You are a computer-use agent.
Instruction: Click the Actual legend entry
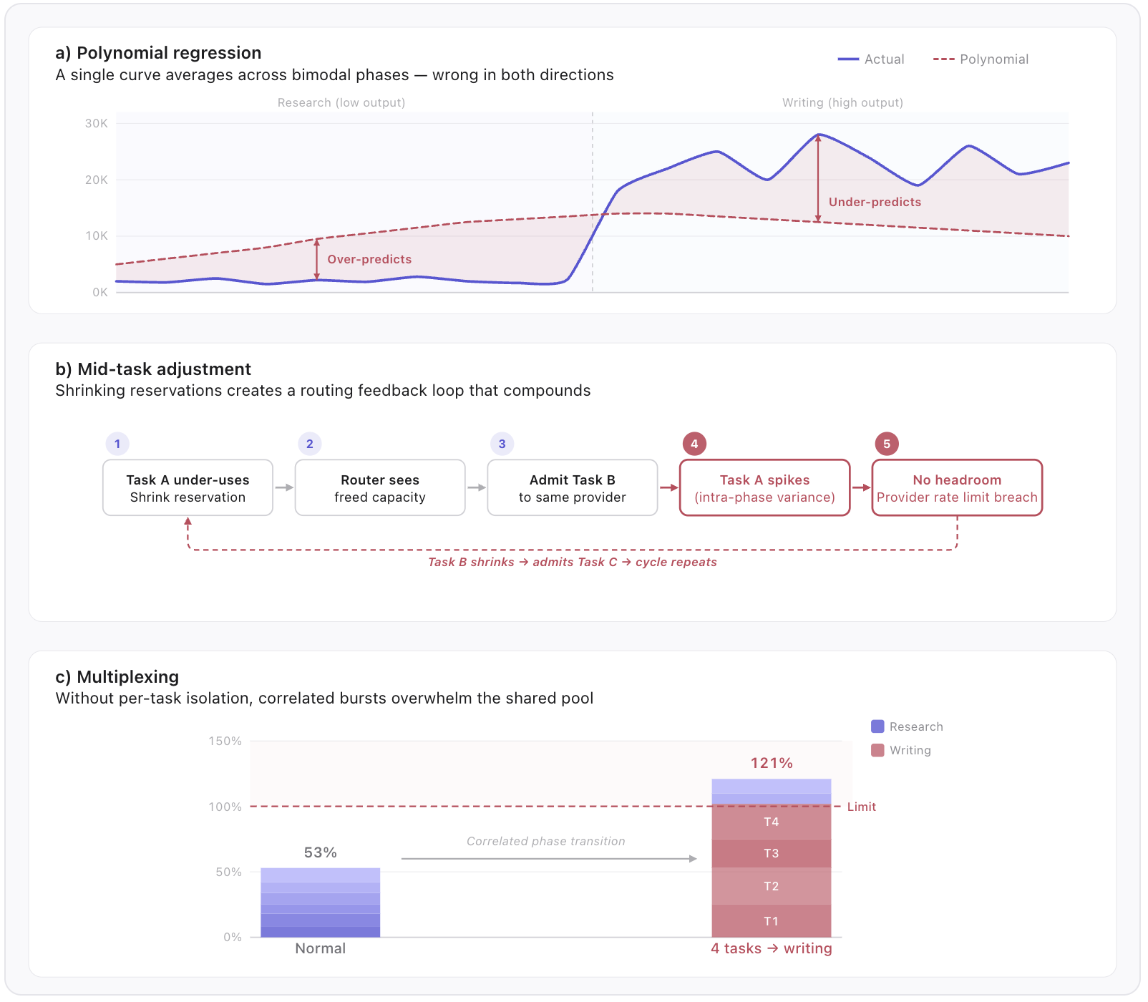[871, 59]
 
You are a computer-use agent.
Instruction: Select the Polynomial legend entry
[981, 59]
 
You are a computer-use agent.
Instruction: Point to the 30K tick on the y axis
[97, 123]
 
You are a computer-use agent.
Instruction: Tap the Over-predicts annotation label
[369, 259]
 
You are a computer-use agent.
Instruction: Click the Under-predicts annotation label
[875, 202]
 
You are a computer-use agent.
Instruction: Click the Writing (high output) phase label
[842, 102]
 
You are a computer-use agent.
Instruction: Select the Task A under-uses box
[188, 488]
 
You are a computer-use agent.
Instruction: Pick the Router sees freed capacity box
[380, 488]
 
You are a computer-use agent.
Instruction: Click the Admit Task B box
[572, 488]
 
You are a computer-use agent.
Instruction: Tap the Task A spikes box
[764, 488]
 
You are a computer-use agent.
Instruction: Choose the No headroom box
[957, 488]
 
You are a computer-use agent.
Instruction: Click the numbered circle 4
[694, 444]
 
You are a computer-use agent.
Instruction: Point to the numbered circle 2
[310, 444]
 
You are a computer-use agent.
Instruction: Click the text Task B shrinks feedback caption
[572, 562]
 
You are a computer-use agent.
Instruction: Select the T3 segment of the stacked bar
[771, 853]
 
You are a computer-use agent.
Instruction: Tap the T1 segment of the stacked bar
[771, 921]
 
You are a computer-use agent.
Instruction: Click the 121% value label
[772, 763]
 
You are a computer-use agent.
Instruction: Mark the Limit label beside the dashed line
[861, 807]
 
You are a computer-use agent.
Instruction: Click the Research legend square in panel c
[877, 726]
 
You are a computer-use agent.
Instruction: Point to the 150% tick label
[225, 741]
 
